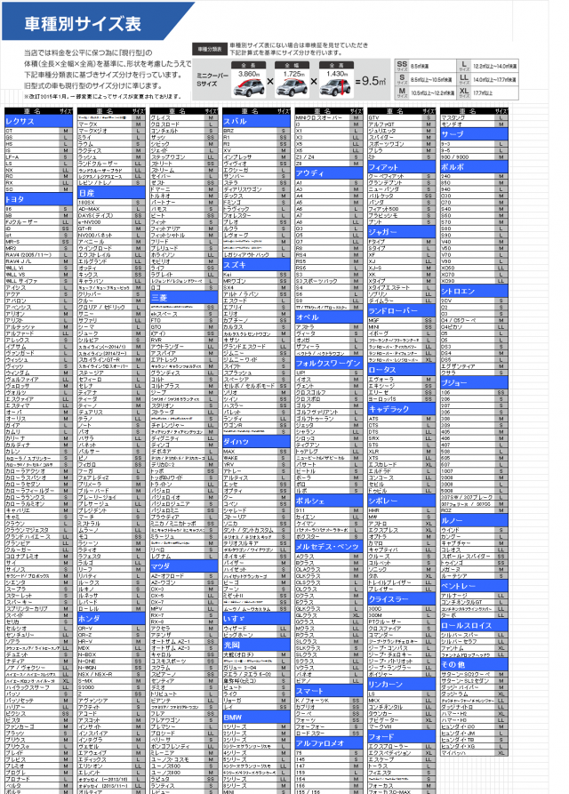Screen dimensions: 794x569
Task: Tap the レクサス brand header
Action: pyautogui.click(x=21, y=120)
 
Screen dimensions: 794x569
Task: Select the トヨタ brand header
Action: pyautogui.click(x=19, y=198)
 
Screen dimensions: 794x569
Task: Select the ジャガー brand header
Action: pyautogui.click(x=382, y=231)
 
